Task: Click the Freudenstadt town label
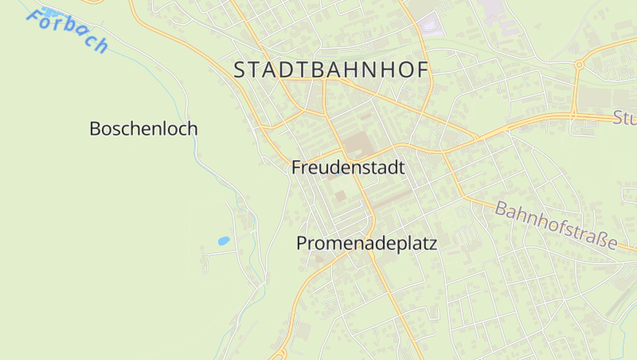[348, 168]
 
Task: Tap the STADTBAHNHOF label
[331, 70]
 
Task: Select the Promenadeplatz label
[367, 244]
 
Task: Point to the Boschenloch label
[143, 128]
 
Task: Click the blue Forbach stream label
[67, 32]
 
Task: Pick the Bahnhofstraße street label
[556, 225]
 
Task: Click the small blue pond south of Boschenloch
[224, 240]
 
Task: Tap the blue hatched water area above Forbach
[51, 13]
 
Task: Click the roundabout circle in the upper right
[580, 65]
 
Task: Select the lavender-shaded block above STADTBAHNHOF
[431, 25]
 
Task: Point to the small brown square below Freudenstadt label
[340, 195]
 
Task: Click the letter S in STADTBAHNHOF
[240, 70]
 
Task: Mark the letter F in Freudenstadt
[296, 168]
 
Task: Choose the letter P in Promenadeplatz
[303, 244]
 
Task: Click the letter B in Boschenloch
[96, 128]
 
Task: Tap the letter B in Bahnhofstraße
[502, 210]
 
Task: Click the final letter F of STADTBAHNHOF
[423, 70]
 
